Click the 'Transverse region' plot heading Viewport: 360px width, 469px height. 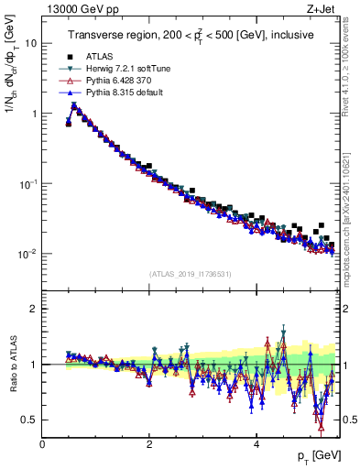click(190, 35)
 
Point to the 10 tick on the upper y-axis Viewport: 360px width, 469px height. click(29, 43)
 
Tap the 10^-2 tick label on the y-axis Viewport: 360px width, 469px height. click(27, 254)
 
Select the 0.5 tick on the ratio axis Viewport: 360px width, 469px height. click(29, 420)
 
